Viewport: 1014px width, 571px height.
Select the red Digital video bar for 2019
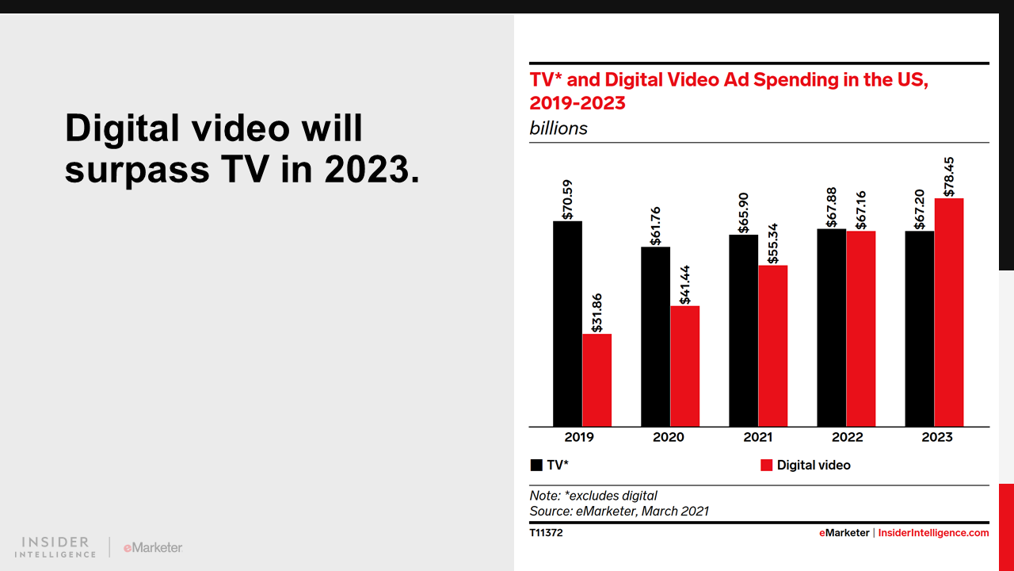coord(597,380)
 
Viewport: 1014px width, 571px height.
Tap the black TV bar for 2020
coord(655,336)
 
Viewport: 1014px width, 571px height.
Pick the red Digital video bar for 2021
coord(772,346)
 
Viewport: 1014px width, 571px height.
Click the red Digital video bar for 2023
coord(948,312)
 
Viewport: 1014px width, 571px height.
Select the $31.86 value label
coord(597,312)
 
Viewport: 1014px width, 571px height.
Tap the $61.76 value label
coord(655,226)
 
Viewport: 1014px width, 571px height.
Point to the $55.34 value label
coord(772,243)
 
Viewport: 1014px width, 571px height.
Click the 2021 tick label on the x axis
coord(758,437)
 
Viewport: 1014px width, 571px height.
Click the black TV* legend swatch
coord(536,466)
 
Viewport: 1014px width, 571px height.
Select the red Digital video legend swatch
coord(766,466)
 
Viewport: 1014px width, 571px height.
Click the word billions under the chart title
coord(558,128)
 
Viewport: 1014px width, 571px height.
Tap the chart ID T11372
coord(546,533)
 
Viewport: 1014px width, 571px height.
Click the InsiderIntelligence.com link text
coord(933,533)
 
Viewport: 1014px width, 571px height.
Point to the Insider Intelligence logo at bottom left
coord(55,547)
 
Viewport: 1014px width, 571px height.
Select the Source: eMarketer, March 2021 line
coord(619,512)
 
